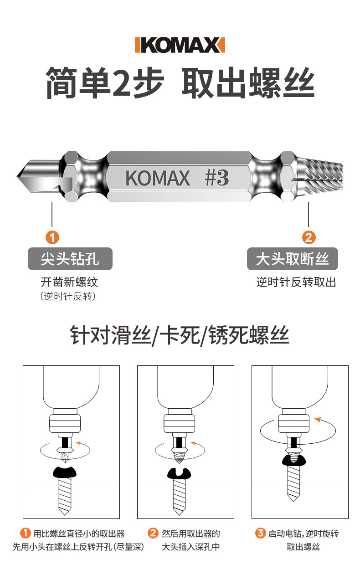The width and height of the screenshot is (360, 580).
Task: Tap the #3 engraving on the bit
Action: (x=216, y=178)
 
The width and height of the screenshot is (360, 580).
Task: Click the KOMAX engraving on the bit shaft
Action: (x=158, y=178)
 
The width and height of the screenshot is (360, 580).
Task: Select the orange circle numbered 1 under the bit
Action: (x=52, y=237)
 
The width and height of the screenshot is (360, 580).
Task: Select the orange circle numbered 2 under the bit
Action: (x=309, y=237)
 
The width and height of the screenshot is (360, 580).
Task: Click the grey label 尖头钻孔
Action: (x=70, y=259)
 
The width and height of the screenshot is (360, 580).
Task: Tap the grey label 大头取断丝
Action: (x=292, y=259)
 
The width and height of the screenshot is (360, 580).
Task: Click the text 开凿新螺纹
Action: (x=69, y=282)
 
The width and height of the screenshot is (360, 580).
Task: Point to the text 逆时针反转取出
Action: (x=296, y=282)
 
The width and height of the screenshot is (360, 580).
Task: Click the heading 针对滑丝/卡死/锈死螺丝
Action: (x=180, y=336)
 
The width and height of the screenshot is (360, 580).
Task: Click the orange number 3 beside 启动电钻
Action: (x=260, y=533)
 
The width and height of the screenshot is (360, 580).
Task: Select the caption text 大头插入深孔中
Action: (x=191, y=546)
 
